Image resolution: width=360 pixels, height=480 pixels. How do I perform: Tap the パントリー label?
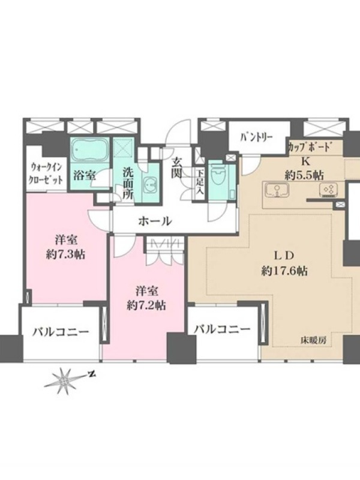coord(256,137)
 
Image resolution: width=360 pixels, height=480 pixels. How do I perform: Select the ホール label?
coord(155,221)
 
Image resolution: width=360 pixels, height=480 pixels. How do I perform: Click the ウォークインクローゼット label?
coord(46,173)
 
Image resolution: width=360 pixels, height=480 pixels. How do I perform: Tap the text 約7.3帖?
coord(65,254)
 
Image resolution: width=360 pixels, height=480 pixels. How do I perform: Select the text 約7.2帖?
coord(146,305)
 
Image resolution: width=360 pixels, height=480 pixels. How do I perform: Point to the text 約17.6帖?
coord(284,271)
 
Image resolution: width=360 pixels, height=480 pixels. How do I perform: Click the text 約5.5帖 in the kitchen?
coord(304,175)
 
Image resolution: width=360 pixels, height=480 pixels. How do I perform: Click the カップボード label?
coord(310,148)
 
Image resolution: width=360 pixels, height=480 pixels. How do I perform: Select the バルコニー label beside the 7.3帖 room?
coord(61,332)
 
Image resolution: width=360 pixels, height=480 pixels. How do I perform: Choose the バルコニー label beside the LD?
coord(223,329)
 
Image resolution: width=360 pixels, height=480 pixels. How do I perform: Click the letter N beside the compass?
coord(91,374)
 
